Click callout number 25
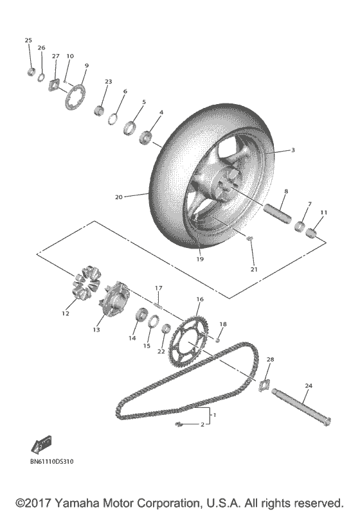coord(28,40)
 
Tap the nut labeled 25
coord(30,71)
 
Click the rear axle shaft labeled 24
coord(303,409)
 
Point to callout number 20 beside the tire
coord(118,197)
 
